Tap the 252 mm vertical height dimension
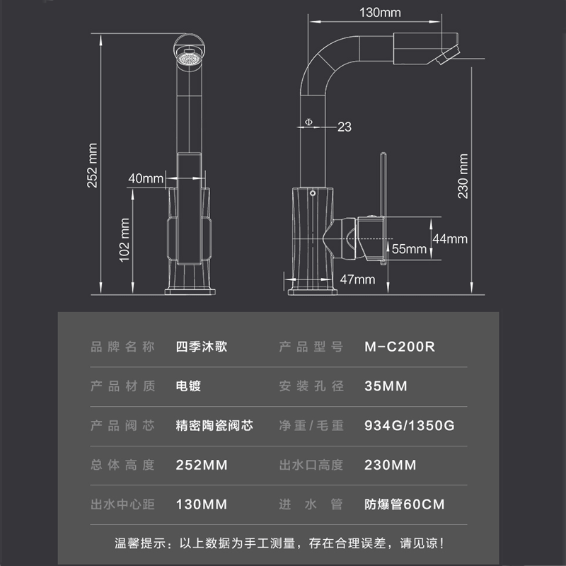click(92, 166)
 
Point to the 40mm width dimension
click(145, 178)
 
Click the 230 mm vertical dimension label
click(463, 176)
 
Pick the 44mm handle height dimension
click(450, 238)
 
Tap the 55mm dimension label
click(409, 248)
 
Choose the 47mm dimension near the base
click(357, 279)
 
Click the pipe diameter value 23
click(345, 127)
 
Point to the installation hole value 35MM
click(385, 386)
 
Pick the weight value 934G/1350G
click(409, 426)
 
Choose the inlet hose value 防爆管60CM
click(404, 504)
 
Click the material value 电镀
click(188, 386)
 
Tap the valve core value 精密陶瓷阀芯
click(214, 426)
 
